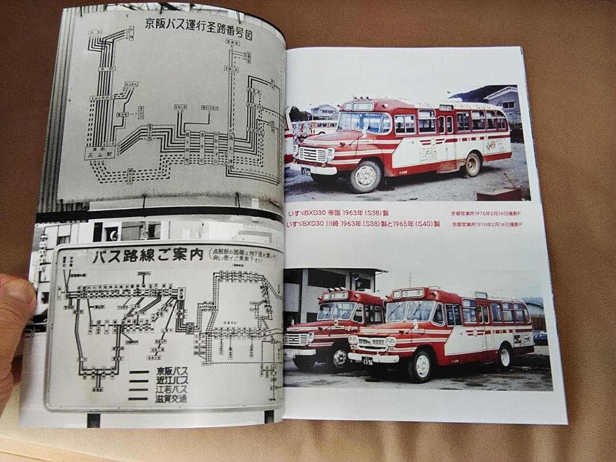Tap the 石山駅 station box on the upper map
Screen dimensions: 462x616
click(100, 153)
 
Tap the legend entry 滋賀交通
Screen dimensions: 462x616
click(171, 399)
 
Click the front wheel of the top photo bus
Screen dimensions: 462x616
click(366, 176)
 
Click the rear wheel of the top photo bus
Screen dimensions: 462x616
click(472, 164)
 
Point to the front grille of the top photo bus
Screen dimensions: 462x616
click(313, 155)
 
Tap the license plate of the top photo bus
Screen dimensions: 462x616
click(306, 171)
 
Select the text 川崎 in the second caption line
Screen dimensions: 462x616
click(336, 224)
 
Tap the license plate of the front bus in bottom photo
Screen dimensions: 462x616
click(367, 360)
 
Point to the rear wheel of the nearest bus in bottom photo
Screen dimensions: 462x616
click(505, 357)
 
